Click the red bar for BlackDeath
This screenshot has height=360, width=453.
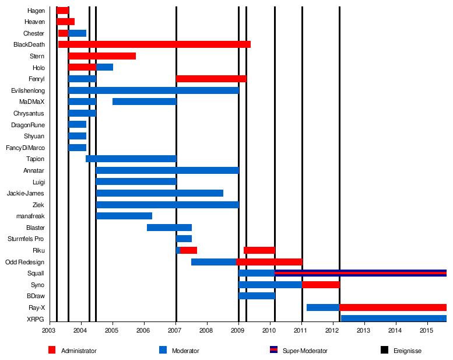click(154, 44)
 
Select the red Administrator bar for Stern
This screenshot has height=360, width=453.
click(102, 56)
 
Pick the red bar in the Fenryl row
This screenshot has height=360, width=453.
click(211, 79)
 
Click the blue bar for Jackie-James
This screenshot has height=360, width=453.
click(159, 193)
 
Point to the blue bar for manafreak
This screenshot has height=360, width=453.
click(124, 216)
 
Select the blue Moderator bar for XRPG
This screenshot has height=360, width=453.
click(394, 319)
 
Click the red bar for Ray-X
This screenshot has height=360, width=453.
click(392, 307)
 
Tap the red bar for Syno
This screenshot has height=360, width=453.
click(321, 285)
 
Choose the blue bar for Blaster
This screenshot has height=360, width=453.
click(169, 228)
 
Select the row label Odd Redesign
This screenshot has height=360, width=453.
click(24, 262)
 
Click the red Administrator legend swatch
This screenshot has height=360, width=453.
click(52, 350)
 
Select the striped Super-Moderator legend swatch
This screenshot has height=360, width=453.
click(273, 350)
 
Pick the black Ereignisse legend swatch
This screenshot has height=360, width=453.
click(384, 350)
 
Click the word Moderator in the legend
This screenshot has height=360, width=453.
click(185, 351)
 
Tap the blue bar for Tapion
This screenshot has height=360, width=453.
click(131, 159)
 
